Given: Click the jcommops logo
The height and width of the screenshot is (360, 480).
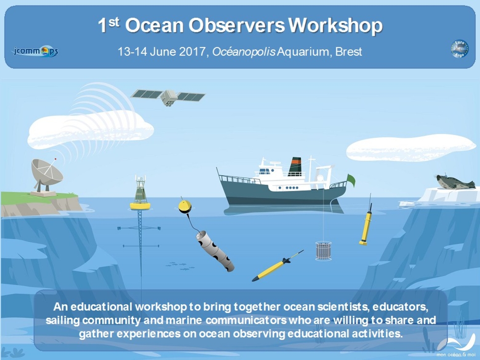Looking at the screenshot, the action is click(36, 51).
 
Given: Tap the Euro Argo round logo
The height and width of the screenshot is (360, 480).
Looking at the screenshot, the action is click(459, 49).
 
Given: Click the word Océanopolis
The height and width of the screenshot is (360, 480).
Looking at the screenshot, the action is click(244, 52).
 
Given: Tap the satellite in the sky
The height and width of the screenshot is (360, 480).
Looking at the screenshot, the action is click(168, 97).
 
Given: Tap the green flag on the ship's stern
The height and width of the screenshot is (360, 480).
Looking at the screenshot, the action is click(351, 180).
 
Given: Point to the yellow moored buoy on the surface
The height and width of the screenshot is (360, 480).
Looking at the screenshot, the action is click(140, 193).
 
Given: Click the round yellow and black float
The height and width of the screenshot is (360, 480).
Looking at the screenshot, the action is click(185, 207).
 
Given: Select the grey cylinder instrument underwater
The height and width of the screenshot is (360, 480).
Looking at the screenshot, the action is click(215, 251).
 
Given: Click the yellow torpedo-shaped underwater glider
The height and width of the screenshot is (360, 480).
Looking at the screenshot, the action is click(277, 265).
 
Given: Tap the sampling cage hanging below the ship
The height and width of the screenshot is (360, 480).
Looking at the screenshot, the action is click(323, 251).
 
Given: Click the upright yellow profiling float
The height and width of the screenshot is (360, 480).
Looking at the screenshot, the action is click(366, 224).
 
